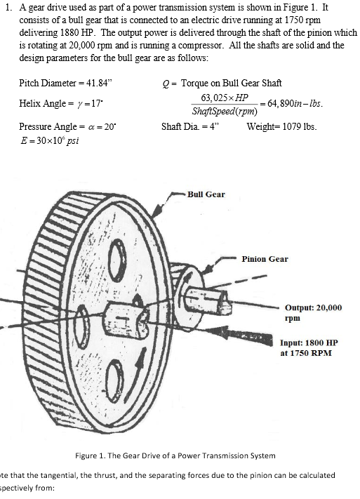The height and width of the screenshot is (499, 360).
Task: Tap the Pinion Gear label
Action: tap(265, 259)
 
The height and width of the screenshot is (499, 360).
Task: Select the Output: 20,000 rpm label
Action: tap(313, 312)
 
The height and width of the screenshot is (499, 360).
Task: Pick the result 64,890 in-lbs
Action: tap(286, 104)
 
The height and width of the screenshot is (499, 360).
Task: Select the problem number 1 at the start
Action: tap(5, 8)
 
